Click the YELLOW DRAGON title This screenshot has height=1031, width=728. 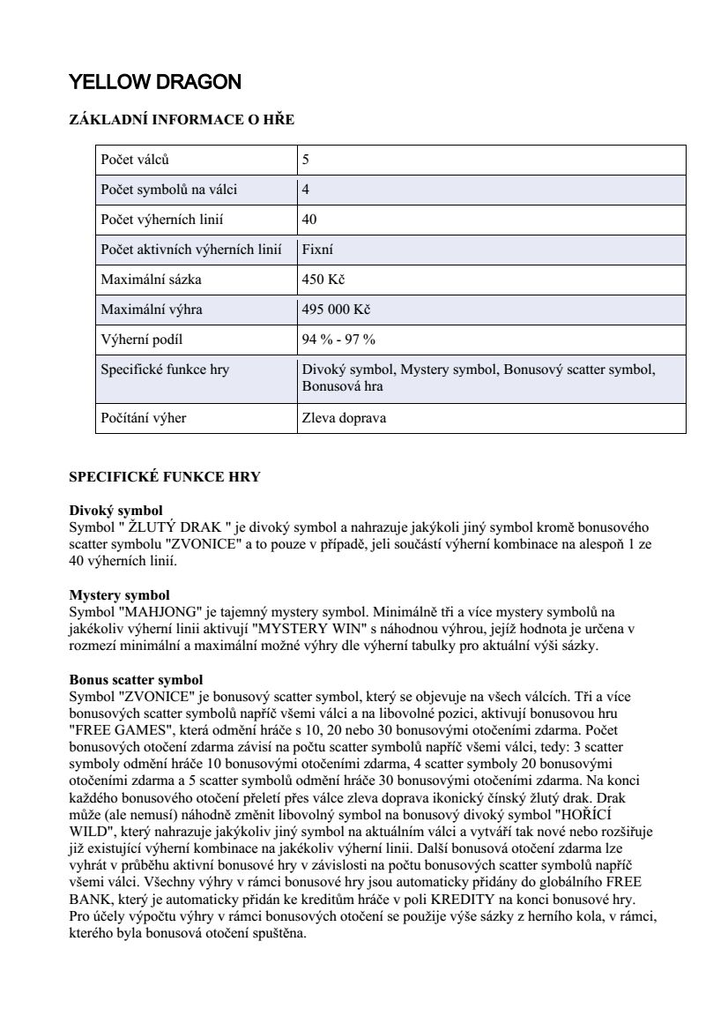coord(155,83)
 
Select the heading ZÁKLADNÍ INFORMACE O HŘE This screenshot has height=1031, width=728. coord(182,120)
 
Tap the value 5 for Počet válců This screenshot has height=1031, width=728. coord(306,161)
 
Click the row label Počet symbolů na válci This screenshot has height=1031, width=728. coord(169,190)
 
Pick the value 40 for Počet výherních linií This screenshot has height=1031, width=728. coord(309,220)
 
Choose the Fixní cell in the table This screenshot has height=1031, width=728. coord(317,250)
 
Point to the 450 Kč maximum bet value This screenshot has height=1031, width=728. coord(323,280)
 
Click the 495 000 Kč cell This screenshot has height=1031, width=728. coord(336,310)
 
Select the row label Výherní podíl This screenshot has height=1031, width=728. coord(142,340)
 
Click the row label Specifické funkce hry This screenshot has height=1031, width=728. coord(165,370)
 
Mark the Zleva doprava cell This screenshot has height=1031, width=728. coord(344,418)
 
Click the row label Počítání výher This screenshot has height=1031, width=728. coord(144,418)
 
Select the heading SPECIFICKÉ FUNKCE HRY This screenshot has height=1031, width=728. coord(165,477)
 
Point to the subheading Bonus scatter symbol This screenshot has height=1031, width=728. coord(136,680)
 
